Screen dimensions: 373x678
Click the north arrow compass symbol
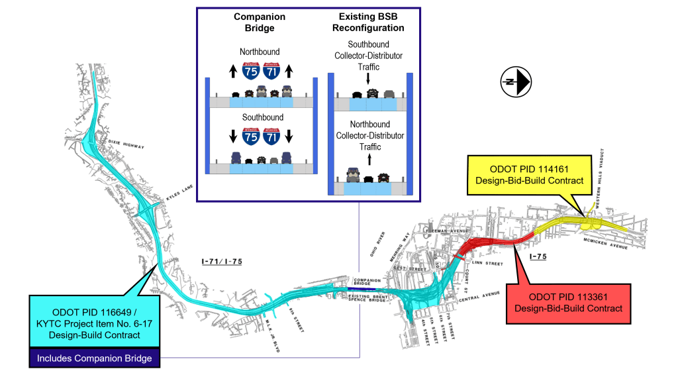516,81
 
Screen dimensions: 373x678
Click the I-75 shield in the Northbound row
250,71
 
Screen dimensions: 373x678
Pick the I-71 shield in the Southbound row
271,136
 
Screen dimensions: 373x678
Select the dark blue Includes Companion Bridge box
94,358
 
